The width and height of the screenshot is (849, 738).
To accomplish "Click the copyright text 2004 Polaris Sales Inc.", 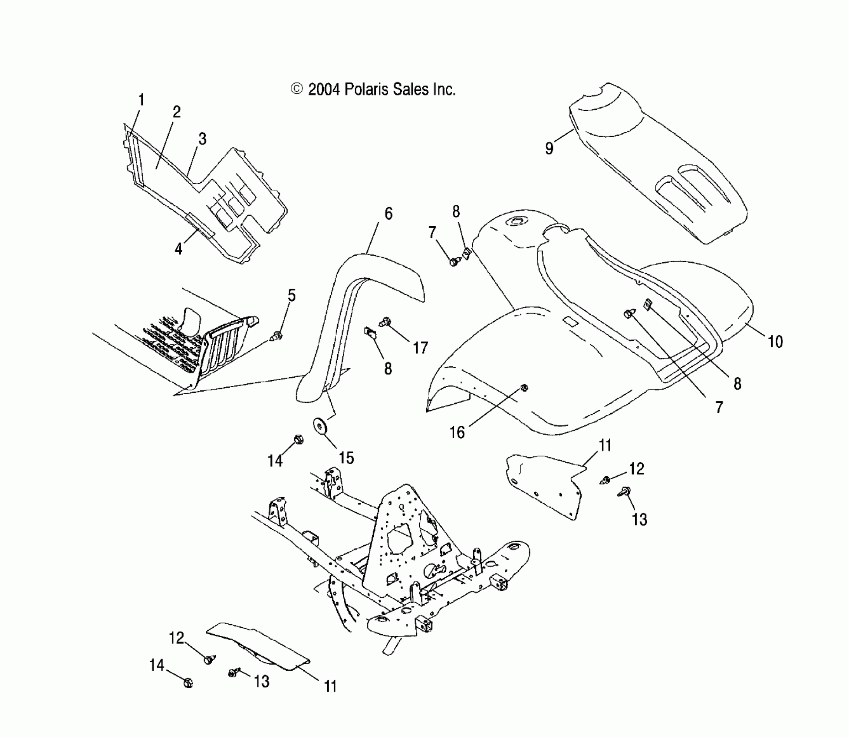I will [x=373, y=89].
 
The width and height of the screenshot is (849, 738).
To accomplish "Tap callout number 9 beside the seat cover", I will [x=549, y=148].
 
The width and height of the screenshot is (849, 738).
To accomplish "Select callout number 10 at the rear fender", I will [x=775, y=342].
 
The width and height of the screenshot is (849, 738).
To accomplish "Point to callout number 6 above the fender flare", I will [x=388, y=214].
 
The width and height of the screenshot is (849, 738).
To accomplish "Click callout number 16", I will [x=457, y=432].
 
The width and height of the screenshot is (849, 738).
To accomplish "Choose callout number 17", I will [x=420, y=347].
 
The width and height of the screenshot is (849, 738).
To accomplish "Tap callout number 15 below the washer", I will [x=346, y=458].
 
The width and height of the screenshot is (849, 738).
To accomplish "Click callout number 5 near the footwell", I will [x=292, y=295].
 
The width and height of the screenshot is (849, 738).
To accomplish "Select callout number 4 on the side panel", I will [x=178, y=249].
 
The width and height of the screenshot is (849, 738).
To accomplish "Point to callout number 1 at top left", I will [x=141, y=100].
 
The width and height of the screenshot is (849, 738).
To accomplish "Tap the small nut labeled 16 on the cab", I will [x=524, y=388].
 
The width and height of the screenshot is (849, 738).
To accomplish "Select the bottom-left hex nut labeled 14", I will [x=188, y=683].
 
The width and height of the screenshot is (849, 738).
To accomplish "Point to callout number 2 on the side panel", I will [x=176, y=112].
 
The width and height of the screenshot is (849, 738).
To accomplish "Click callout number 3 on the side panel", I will [x=202, y=139].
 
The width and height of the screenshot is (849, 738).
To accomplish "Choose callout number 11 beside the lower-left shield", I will [x=330, y=686].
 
